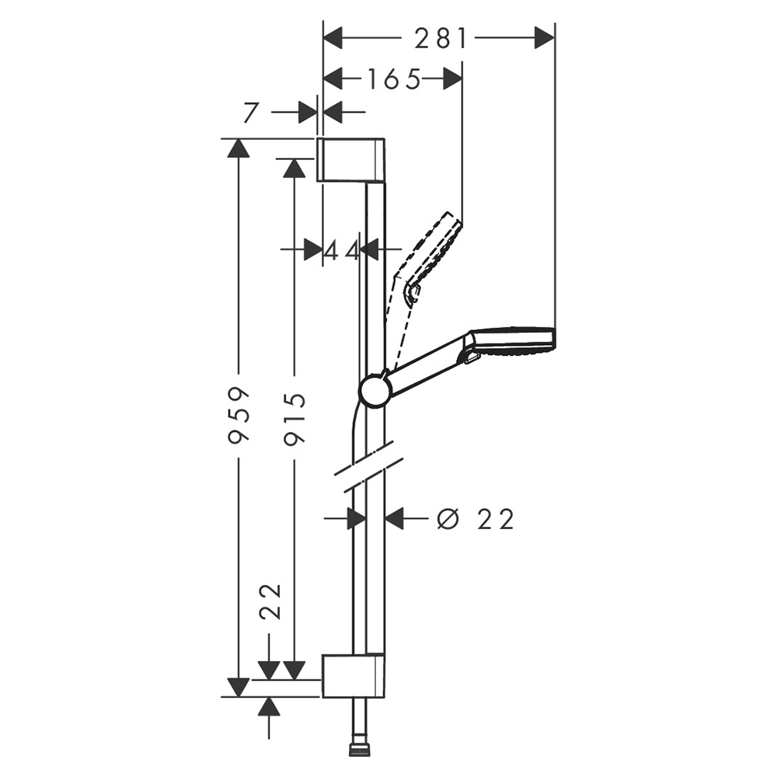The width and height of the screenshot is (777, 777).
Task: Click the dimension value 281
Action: [441, 39]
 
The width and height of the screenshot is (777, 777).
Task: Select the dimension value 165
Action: [393, 78]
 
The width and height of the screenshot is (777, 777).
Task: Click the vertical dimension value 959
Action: [239, 414]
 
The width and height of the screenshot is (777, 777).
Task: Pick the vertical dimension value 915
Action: [294, 419]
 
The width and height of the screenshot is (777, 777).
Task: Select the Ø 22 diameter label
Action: [476, 519]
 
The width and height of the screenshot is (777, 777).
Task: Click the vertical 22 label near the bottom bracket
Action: [270, 601]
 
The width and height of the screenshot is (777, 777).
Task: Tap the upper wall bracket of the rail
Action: [351, 159]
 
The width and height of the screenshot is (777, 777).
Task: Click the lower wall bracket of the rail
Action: [354, 676]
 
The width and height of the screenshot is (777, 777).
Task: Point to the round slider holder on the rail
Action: [375, 390]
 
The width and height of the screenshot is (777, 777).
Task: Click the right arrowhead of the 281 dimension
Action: [545, 39]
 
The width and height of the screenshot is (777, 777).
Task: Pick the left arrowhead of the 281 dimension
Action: [333, 39]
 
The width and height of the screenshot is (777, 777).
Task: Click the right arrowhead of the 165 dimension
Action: [452, 78]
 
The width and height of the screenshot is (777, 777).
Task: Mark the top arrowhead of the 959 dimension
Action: [239, 148]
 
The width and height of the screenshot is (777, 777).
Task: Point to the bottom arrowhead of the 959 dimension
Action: [239, 688]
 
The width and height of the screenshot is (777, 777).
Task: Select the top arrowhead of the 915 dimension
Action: [294, 168]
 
